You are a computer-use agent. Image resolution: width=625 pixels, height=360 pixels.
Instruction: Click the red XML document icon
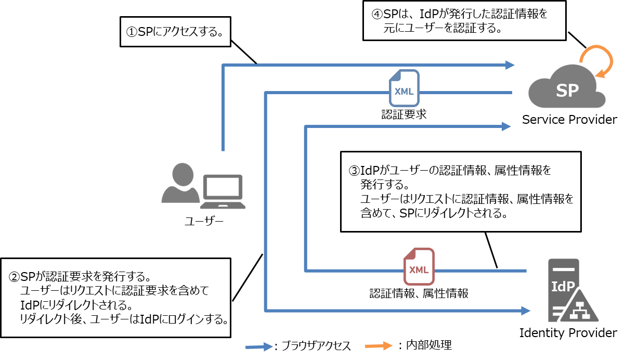tap(419, 267)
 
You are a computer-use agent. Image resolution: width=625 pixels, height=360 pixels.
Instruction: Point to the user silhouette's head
tap(181, 174)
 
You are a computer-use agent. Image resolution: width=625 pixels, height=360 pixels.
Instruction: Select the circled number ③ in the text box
tap(354, 171)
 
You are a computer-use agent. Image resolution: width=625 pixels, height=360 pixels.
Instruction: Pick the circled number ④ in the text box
tap(377, 15)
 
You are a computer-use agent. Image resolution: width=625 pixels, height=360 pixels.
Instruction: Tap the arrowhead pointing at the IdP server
tap(526, 311)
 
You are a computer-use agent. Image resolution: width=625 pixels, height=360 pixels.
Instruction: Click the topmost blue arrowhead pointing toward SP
tap(510, 65)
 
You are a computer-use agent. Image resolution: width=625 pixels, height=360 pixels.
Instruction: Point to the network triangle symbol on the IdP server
tap(577, 311)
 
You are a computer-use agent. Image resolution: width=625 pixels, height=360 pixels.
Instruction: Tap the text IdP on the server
tap(563, 287)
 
